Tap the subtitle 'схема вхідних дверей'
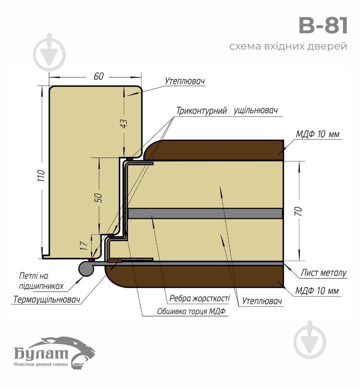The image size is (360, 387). click(x=288, y=47)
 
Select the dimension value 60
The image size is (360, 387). click(x=99, y=76)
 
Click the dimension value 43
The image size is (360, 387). click(x=124, y=123)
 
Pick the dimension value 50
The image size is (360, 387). click(x=99, y=197)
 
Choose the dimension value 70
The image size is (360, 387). click(x=299, y=211)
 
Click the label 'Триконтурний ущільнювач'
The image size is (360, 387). click(x=227, y=111)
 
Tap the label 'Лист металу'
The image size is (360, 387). click(x=324, y=273)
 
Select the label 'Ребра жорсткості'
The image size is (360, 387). click(x=200, y=299)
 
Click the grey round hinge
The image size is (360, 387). click(x=86, y=268)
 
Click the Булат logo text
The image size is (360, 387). click(x=41, y=353)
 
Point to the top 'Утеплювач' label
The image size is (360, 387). click(x=185, y=82)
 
